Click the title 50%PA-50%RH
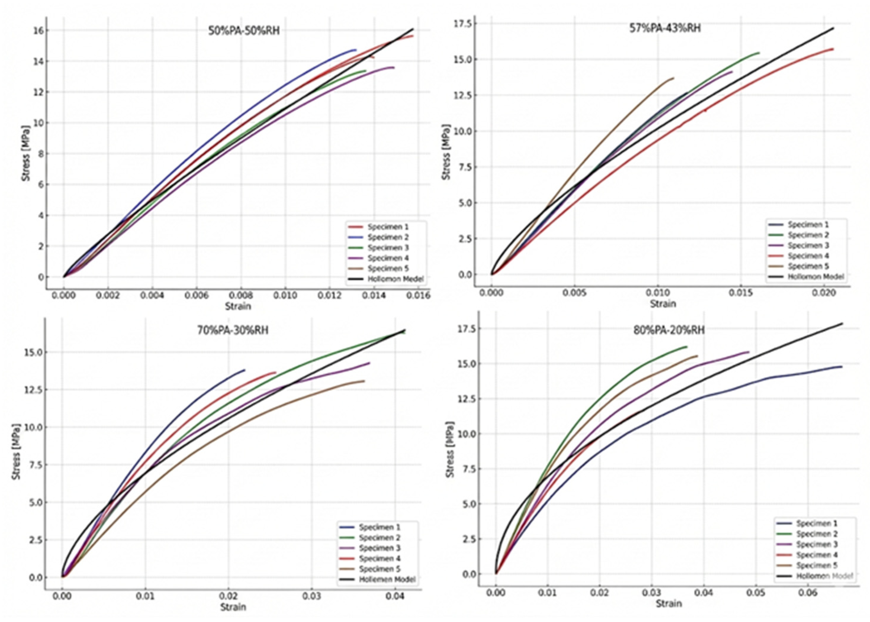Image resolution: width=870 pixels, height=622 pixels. coord(244,31)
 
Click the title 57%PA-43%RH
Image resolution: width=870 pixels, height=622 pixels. coord(665,28)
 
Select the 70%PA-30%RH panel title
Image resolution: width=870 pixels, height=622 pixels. coord(233,330)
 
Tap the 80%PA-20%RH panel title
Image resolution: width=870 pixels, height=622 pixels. coord(669,330)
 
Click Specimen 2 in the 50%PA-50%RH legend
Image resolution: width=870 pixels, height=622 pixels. coord(388,237)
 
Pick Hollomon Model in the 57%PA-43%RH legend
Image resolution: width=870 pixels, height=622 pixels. coord(816,277)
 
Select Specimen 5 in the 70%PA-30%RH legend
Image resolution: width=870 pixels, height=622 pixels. coord(379,569)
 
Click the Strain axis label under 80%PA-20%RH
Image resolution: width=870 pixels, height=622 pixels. coord(668,604)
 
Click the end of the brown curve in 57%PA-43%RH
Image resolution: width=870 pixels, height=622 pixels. coord(673,78)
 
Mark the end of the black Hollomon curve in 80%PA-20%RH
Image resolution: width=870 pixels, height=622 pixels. coord(842,323)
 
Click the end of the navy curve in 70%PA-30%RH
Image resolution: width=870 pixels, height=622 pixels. coord(245,370)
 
